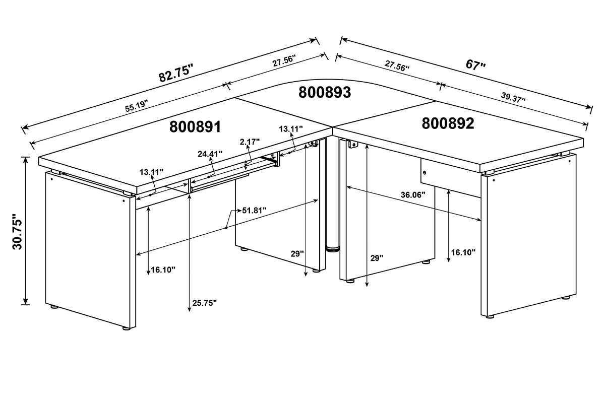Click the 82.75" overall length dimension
pos(176,73)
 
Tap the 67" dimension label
pos(476,65)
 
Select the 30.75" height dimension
pos(17,232)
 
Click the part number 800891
pos(195,126)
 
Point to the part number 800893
pos(325,92)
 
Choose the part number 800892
pos(448,123)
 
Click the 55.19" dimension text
pos(137,106)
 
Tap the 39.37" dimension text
pos(513,97)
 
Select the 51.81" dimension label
pos(254,210)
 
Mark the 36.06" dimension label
pos(413,195)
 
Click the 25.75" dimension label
pos(205,303)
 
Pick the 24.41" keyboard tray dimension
pos(210,154)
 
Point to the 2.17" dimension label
pos(250,142)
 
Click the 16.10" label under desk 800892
pos(463,252)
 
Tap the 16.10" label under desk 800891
pos(163,270)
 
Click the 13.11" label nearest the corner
pos(290,129)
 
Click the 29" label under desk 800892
pos(377,258)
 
